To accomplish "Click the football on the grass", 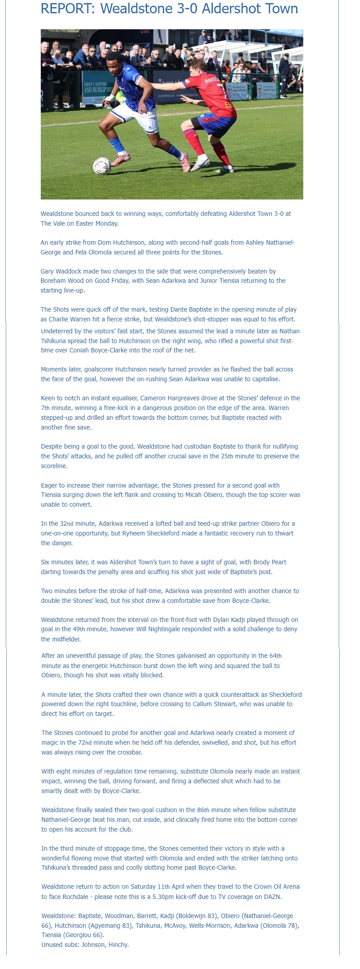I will tap(102, 166).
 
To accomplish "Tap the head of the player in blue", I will tap(114, 59).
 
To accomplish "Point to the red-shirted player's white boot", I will tap(200, 163).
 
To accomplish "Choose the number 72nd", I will tap(145, 742).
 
